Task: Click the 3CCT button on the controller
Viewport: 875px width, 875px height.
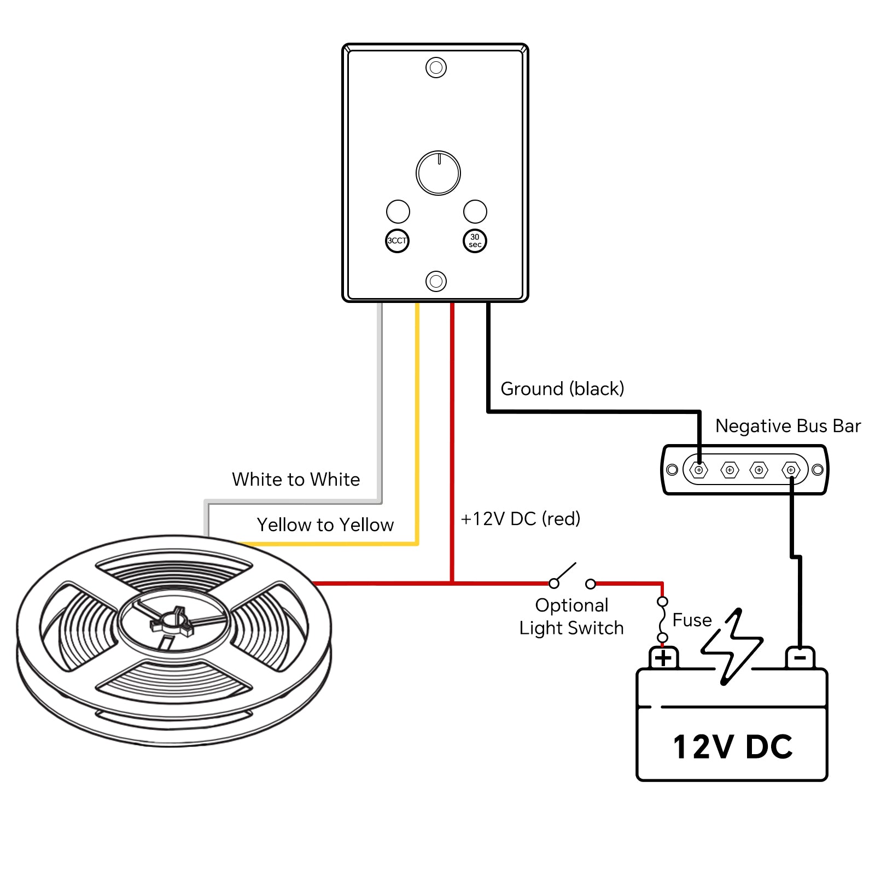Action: [397, 241]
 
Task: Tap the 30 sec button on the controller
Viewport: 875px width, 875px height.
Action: [475, 241]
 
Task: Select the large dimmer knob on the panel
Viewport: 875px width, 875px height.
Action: [438, 173]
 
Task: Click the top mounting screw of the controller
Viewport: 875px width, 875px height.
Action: [436, 67]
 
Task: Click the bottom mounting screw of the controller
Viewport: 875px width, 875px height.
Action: [436, 281]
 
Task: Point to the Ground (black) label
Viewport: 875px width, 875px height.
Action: [562, 389]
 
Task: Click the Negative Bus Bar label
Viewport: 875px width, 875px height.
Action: [787, 426]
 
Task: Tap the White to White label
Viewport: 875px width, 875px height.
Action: [296, 480]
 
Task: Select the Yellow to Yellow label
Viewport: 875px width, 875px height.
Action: [325, 525]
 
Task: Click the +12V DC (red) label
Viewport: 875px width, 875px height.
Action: [520, 519]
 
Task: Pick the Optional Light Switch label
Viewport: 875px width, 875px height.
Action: [571, 617]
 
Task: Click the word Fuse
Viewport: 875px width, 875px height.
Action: [692, 620]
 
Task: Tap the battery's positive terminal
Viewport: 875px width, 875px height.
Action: [663, 658]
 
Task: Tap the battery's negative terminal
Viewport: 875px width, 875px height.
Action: [800, 658]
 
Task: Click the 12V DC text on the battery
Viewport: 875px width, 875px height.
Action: [732, 747]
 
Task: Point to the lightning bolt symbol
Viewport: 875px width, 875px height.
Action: [732, 646]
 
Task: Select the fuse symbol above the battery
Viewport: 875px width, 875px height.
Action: [662, 620]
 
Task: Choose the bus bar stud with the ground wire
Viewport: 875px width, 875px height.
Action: [698, 470]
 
